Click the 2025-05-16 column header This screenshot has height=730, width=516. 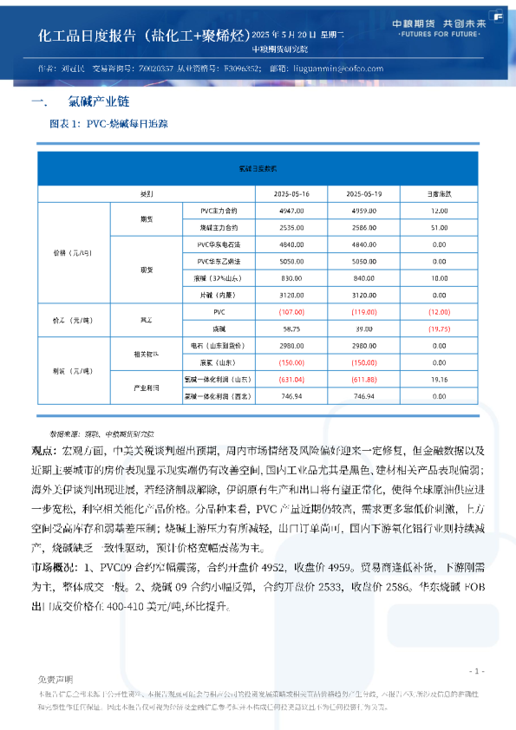(x=291, y=192)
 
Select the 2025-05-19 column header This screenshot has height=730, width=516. (x=363, y=192)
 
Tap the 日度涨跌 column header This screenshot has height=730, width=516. (x=439, y=192)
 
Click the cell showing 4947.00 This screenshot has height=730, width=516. (x=291, y=211)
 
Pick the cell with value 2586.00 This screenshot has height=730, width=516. (x=363, y=226)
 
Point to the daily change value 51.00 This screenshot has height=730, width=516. (x=439, y=226)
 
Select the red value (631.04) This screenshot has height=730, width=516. (x=291, y=379)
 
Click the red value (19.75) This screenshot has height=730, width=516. (x=439, y=329)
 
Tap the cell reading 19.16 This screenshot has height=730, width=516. (x=439, y=379)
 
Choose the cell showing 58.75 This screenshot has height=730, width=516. (x=291, y=329)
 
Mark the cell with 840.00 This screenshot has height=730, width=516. (x=363, y=277)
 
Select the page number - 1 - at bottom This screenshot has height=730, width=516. (x=475, y=671)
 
